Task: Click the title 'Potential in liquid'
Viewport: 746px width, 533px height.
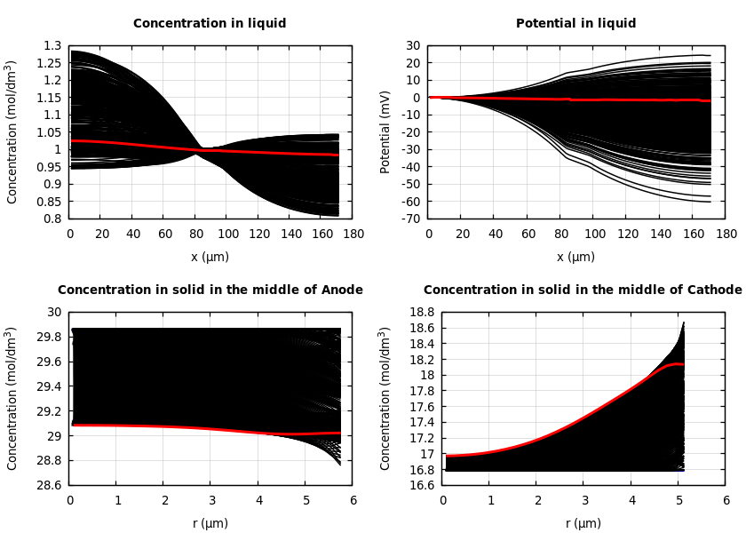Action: tap(575, 24)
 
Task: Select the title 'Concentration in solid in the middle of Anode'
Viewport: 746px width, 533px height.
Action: tap(210, 290)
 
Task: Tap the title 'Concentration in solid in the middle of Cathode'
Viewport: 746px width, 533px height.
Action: tap(583, 290)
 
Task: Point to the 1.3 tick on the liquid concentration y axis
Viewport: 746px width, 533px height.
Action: tap(53, 45)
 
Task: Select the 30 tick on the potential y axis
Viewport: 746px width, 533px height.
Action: tap(412, 45)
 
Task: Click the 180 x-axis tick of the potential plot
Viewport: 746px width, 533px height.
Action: tap(726, 234)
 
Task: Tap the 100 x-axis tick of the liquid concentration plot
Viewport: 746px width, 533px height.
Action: tap(226, 234)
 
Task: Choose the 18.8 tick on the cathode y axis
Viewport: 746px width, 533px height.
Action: tap(423, 312)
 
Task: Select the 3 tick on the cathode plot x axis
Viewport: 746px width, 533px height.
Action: tap(584, 500)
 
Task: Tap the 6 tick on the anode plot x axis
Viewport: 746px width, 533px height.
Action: tap(353, 500)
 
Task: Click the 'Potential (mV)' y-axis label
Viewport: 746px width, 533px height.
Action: tap(386, 131)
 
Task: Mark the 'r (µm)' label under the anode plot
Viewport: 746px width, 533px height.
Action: tap(210, 523)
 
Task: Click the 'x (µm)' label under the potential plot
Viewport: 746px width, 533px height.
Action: tap(575, 257)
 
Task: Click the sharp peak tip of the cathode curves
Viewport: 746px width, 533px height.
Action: tap(683, 323)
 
